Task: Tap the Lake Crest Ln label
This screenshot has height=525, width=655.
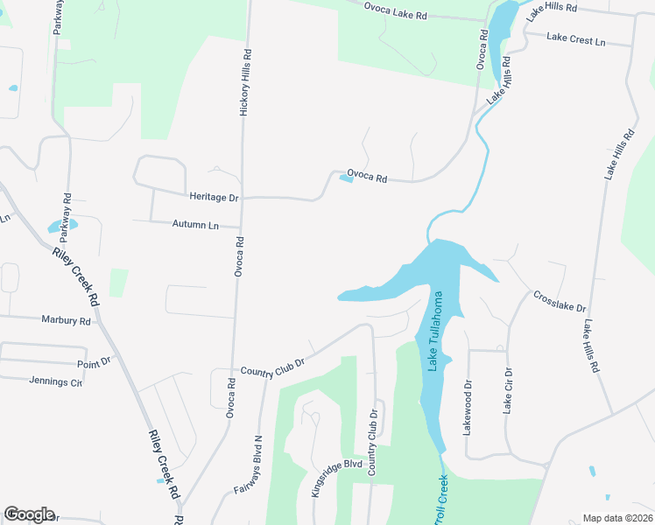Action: click(x=575, y=38)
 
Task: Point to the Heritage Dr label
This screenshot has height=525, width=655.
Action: click(x=214, y=198)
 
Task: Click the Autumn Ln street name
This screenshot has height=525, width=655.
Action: click(x=194, y=224)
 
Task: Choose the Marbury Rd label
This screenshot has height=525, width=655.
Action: click(x=66, y=320)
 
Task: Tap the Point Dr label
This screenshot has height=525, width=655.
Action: click(x=95, y=361)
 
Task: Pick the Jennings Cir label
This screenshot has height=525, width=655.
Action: click(x=55, y=381)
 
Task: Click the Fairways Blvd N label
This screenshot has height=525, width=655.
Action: click(x=249, y=465)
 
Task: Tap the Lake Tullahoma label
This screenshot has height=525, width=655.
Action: click(x=434, y=332)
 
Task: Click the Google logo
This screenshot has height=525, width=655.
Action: click(x=29, y=514)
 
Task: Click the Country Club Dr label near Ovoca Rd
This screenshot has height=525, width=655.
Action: click(x=272, y=367)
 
